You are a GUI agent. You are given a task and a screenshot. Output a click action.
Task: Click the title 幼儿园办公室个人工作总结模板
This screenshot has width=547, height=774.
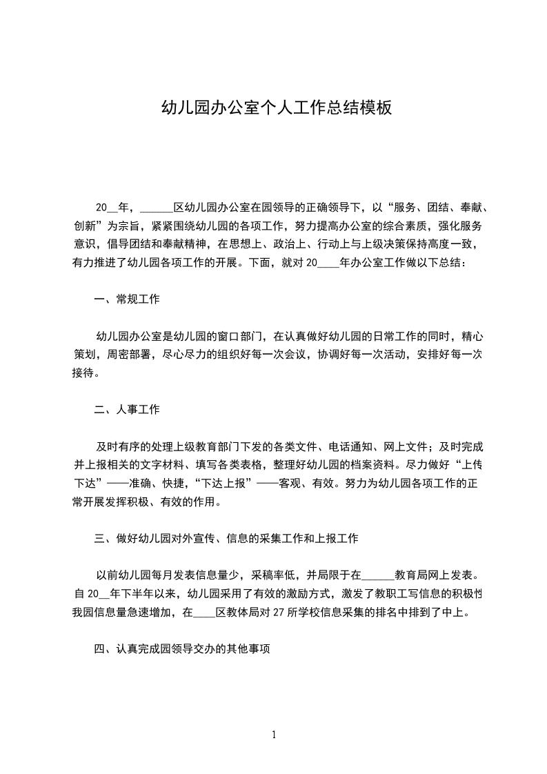click(276, 108)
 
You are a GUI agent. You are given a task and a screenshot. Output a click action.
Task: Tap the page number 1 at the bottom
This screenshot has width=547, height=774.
click(274, 735)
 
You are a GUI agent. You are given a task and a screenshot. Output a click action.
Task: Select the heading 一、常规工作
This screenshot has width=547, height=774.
click(127, 299)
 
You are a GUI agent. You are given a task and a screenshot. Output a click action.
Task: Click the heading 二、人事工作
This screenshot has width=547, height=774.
click(127, 410)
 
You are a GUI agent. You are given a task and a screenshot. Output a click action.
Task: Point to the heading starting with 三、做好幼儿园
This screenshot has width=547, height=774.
click(226, 538)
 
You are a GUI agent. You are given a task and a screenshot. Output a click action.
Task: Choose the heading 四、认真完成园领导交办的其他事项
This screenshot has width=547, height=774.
click(187, 648)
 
